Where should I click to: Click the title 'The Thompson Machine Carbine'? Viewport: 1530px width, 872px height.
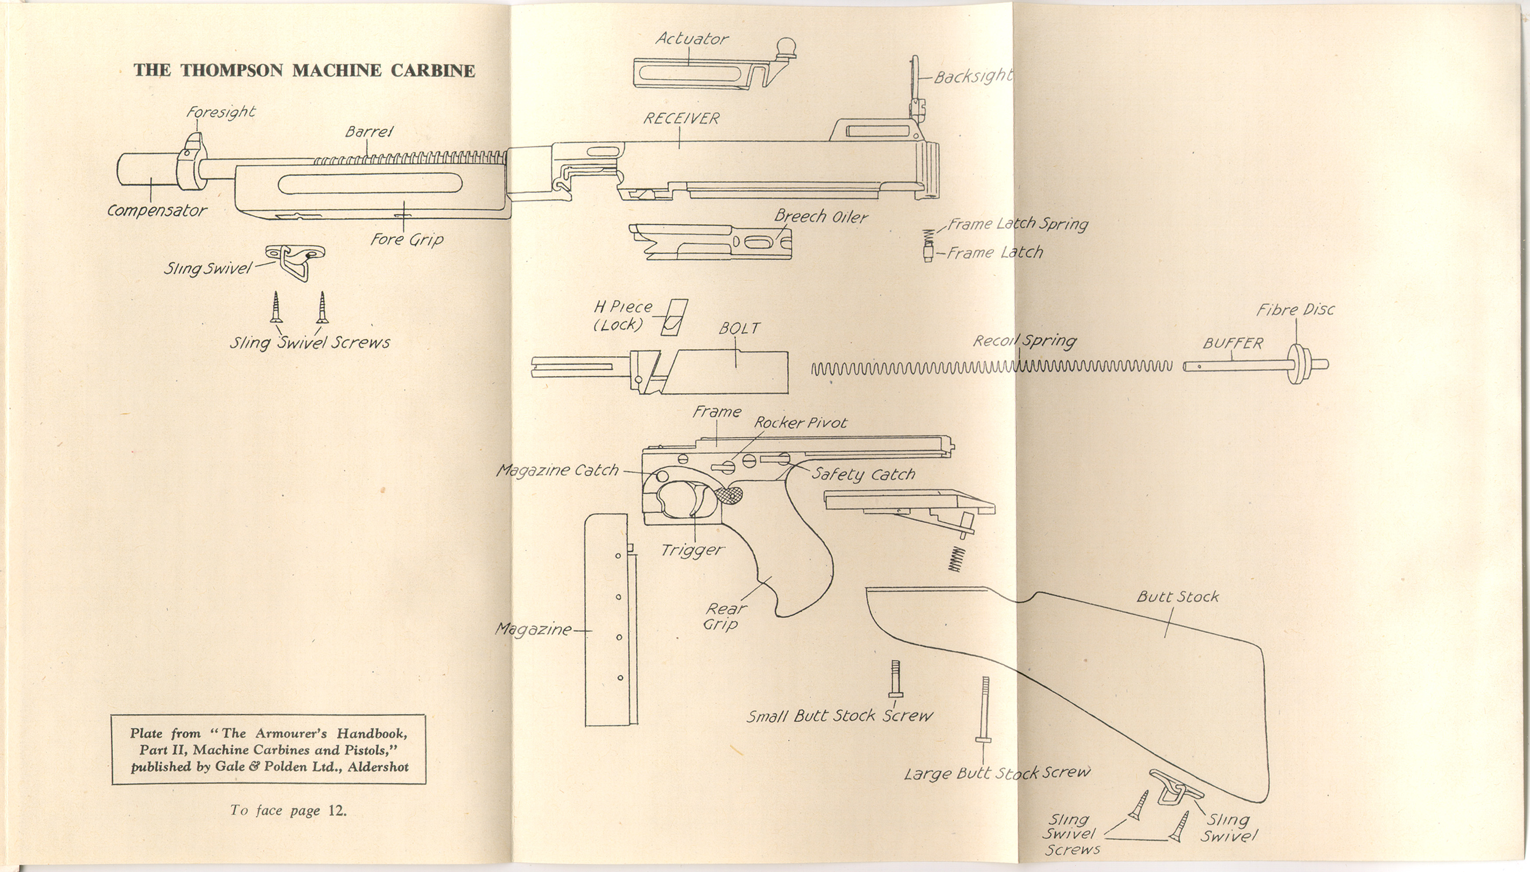coord(304,71)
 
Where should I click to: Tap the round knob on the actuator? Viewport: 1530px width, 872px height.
coord(786,45)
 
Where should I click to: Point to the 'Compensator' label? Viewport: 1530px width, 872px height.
coord(157,211)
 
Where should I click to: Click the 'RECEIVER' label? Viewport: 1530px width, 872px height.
coord(681,119)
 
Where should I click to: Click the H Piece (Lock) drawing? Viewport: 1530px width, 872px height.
coord(674,317)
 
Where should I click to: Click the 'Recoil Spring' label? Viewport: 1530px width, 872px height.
coord(1024,341)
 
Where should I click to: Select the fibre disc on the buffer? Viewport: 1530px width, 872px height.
coord(1296,364)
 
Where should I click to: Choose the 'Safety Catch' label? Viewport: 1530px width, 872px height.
coord(863,474)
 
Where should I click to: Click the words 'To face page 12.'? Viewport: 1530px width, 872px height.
coord(289,811)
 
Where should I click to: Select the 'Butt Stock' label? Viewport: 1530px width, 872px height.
coord(1177,597)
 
